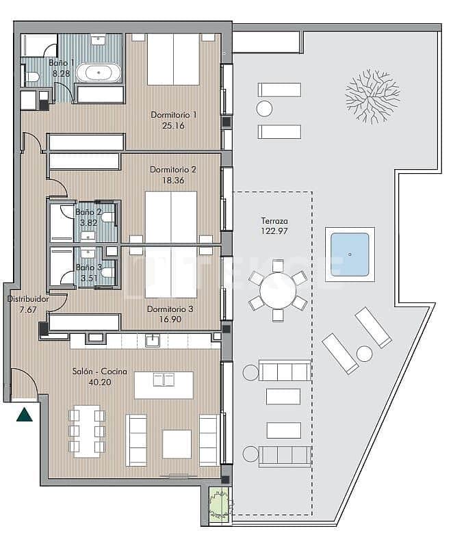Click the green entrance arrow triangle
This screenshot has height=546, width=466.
25,414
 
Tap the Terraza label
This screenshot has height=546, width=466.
274,222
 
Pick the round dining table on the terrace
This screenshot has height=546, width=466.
277,295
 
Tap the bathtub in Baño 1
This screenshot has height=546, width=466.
99,72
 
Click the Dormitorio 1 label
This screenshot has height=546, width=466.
173,115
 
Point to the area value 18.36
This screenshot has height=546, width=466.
173,180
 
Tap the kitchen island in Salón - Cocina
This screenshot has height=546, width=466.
164,385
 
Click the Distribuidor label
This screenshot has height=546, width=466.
28,299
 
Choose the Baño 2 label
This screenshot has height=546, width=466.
88,212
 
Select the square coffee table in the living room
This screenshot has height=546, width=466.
177,443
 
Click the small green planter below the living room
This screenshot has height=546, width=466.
218,504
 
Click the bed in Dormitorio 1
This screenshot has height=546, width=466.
173,59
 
